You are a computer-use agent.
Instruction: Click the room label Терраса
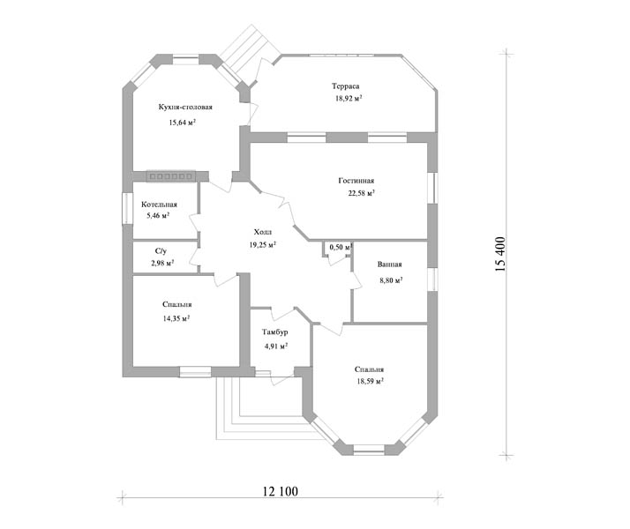tap(346, 86)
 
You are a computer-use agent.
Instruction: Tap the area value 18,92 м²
tap(349, 98)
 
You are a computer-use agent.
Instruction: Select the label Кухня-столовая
tap(185, 108)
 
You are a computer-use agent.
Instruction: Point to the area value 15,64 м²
tap(182, 123)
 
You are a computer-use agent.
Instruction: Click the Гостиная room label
tap(356, 181)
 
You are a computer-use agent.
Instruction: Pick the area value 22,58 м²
tap(361, 193)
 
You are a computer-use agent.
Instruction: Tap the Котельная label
tap(159, 205)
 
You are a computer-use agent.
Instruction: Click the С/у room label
tap(161, 251)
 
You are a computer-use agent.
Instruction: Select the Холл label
tap(263, 232)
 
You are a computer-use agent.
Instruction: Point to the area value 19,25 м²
tap(263, 245)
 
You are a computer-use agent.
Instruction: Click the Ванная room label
tap(389, 264)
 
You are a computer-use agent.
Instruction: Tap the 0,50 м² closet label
tap(341, 247)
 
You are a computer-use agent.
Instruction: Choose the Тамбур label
tap(274, 332)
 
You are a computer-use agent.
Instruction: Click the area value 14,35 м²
tap(176, 318)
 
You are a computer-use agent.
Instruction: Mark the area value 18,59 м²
tap(370, 381)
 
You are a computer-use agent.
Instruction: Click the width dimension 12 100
tap(281, 491)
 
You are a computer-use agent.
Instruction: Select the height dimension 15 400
tap(500, 255)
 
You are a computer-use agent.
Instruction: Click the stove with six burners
tap(171, 176)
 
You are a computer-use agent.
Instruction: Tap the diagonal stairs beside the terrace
tap(249, 52)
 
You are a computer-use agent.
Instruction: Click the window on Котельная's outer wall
tap(127, 208)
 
